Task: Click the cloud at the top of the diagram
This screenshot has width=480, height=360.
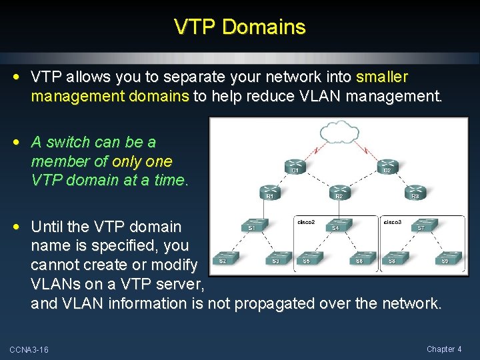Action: pyautogui.click(x=340, y=131)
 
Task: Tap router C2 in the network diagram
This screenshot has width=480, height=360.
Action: pyautogui.click(x=387, y=165)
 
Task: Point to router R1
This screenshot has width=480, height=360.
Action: pyautogui.click(x=270, y=190)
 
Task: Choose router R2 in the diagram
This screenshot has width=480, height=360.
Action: pyautogui.click(x=340, y=190)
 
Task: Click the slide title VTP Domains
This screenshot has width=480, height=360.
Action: pyautogui.click(x=240, y=27)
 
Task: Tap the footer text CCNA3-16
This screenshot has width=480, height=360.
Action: pyautogui.click(x=29, y=350)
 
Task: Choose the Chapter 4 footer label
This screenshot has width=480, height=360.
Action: pyautogui.click(x=444, y=349)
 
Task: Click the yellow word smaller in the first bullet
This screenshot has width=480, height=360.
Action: pyautogui.click(x=382, y=77)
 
